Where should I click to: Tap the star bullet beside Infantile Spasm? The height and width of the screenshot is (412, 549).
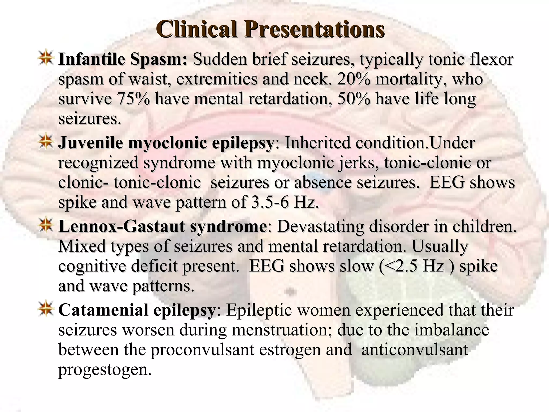tap(46, 57)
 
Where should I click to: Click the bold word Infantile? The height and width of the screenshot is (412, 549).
tap(91, 59)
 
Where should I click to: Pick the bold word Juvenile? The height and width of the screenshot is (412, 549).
tap(90, 143)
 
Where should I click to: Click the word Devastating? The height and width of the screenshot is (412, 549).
tap(320, 226)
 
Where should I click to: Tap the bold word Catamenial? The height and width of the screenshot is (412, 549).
tap(103, 310)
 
